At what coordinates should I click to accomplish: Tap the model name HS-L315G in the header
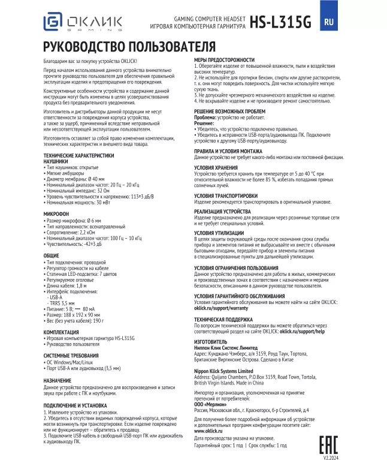point(281,22)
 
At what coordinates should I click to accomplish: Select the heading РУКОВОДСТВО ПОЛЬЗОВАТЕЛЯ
point(129,47)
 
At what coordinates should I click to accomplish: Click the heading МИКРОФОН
point(56,213)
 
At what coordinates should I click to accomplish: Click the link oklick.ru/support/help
point(302,330)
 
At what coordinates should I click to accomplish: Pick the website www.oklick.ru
point(208,431)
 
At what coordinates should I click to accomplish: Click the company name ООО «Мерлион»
point(210,405)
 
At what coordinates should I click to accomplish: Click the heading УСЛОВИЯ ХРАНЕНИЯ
point(217,167)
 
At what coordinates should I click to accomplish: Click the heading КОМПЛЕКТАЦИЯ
point(61,331)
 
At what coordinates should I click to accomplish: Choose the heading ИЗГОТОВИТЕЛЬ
point(215,342)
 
